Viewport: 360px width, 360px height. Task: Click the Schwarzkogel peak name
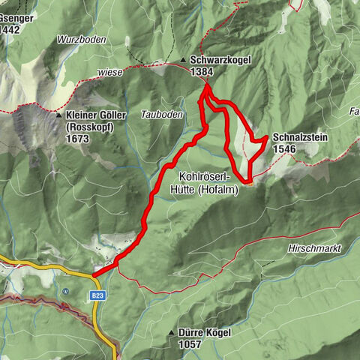pyautogui.click(x=217, y=60)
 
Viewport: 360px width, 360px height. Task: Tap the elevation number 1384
pyautogui.click(x=202, y=71)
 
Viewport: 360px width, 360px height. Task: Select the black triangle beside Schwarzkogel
pyautogui.click(x=183, y=60)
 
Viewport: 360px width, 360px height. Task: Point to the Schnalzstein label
pyautogui.click(x=301, y=139)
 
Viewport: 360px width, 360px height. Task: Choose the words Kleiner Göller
pyautogui.click(x=94, y=117)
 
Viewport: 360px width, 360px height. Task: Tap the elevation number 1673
pyautogui.click(x=77, y=139)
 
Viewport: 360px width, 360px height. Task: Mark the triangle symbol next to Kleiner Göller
pyautogui.click(x=58, y=115)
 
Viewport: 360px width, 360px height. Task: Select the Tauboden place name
pyautogui.click(x=161, y=114)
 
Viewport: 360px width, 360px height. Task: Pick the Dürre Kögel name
pyautogui.click(x=205, y=331)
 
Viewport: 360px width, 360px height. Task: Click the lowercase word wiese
pyautogui.click(x=109, y=73)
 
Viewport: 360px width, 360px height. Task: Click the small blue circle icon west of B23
pyautogui.click(x=67, y=291)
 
